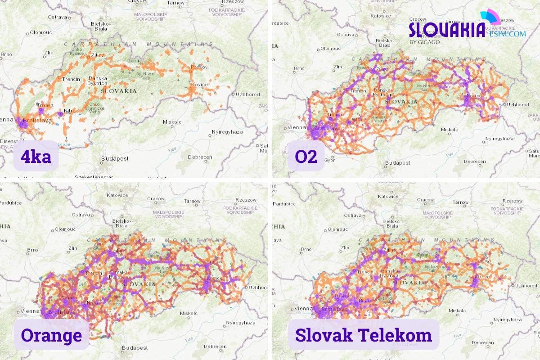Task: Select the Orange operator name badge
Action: [51, 335]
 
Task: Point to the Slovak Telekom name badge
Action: [364, 335]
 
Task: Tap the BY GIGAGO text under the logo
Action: [424, 42]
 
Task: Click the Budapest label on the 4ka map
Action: [115, 158]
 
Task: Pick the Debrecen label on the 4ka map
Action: [200, 157]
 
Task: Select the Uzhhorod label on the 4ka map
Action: [248, 94]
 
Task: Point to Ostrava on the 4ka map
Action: [57, 17]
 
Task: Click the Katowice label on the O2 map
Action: [380, 16]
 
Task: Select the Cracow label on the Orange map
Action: [156, 199]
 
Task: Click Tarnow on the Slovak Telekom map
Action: [460, 202]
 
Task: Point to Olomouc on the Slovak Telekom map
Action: [337, 229]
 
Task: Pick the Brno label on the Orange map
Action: [32, 250]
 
